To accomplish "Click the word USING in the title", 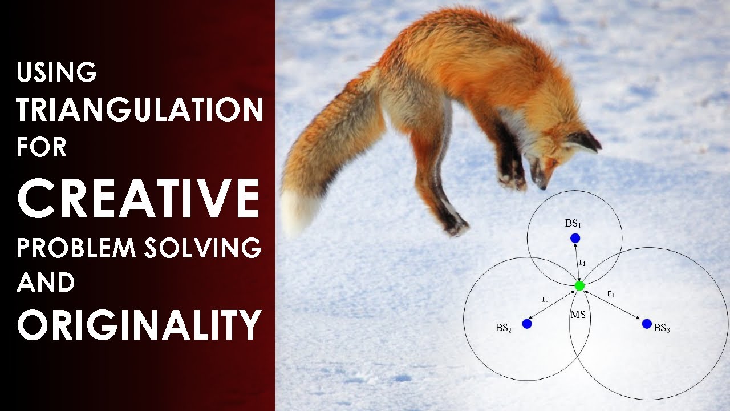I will click(57, 72).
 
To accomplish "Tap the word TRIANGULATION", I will click(140, 110).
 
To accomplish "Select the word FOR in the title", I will click(42, 147).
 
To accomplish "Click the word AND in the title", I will click(46, 283).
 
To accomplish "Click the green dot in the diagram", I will click(579, 285).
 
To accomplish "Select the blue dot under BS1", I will click(575, 238).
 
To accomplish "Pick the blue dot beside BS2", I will click(526, 324).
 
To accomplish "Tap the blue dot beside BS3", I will click(646, 324).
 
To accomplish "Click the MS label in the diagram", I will click(578, 315).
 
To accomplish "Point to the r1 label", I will click(582, 263).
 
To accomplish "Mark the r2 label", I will click(545, 299).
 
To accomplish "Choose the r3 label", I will click(610, 294).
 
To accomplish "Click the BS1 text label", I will click(572, 223).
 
